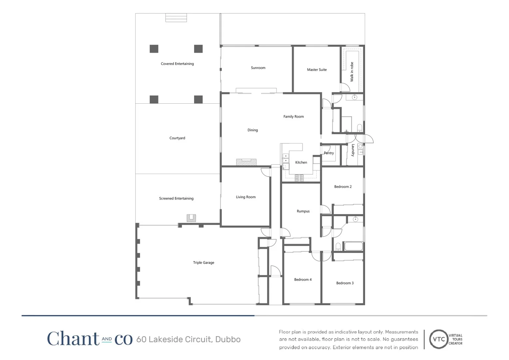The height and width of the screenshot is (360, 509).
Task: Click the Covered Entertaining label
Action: (177, 64)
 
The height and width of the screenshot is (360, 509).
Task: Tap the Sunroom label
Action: (258, 68)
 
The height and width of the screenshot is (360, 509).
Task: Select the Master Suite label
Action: (317, 70)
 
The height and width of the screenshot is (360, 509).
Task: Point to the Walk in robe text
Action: (352, 72)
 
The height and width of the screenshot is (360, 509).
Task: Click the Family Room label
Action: (293, 117)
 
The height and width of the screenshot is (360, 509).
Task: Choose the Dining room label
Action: (253, 130)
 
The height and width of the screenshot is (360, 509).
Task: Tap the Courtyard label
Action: (177, 138)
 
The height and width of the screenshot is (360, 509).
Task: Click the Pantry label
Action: (329, 153)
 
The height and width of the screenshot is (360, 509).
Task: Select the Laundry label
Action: (353, 150)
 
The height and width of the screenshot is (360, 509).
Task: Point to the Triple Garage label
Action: (204, 263)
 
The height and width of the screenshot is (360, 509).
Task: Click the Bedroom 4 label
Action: (303, 280)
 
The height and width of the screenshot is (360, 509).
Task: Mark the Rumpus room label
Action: (303, 211)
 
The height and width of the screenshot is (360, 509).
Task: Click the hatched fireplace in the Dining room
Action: (246, 162)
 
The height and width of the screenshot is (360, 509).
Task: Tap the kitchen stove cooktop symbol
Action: (299, 178)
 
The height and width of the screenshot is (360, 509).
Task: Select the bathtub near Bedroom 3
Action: (353, 246)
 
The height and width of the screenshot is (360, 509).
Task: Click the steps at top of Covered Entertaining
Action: (176, 18)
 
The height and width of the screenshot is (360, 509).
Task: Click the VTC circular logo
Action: (439, 339)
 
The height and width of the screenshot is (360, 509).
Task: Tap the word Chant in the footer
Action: (73, 339)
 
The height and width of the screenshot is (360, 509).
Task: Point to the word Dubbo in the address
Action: (228, 339)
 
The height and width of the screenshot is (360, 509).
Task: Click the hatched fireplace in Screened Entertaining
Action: (191, 218)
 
